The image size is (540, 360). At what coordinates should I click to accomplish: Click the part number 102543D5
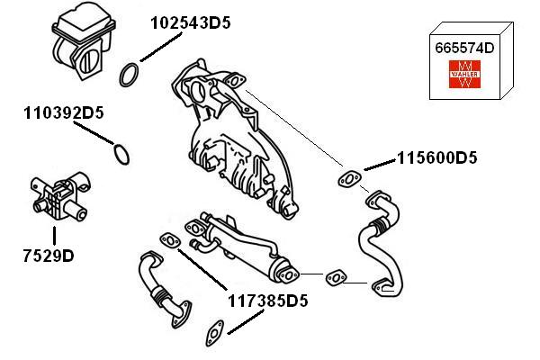point(191,23)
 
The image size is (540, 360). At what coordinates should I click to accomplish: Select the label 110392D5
point(64,113)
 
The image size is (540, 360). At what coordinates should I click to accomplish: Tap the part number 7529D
point(49,256)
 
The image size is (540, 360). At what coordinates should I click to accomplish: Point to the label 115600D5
point(437,157)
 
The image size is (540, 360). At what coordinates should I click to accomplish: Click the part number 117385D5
point(267,301)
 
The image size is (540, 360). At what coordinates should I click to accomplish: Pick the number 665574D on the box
point(464,48)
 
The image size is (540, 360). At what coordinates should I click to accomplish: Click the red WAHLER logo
point(464,74)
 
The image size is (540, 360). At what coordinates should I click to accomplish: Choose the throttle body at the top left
point(84,40)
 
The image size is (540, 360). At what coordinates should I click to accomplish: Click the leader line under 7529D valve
point(54,236)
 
